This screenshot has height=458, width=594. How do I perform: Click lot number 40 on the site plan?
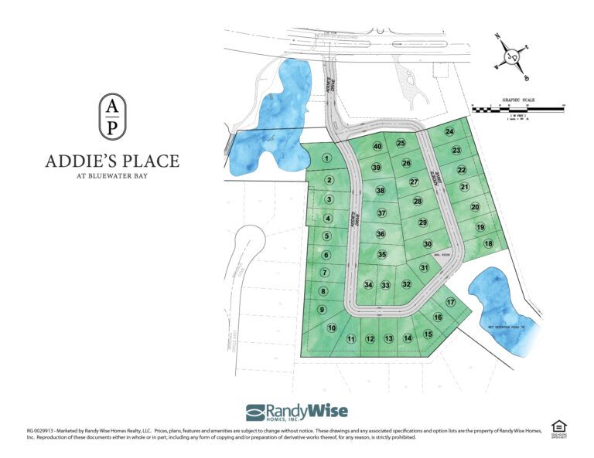377,147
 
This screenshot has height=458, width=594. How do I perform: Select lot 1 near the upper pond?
327,158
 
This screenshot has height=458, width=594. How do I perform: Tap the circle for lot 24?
449,132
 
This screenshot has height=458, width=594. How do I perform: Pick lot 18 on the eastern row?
488,244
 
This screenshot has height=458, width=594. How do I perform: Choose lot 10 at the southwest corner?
332,327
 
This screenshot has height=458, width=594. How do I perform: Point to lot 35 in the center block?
381,254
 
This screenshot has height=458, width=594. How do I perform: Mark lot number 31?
424,267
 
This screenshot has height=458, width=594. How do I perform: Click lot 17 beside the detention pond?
450,302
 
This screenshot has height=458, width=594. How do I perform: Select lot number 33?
385,285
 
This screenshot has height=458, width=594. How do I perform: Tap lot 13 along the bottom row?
388,338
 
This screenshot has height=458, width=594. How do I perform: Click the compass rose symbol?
511,58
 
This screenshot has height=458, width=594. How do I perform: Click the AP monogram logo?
112,115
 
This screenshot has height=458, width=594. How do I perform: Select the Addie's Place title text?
112,161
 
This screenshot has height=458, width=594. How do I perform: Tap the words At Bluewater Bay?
112,177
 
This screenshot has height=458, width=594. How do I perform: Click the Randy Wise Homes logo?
297,412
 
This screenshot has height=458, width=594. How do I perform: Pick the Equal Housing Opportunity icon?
558,428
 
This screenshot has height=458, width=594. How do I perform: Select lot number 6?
326,255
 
